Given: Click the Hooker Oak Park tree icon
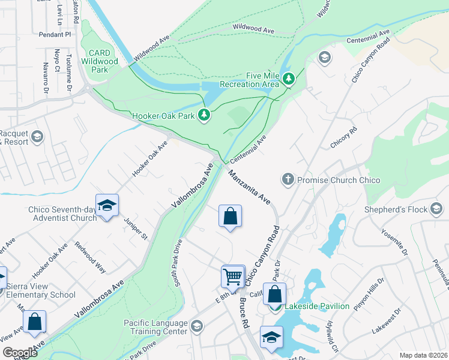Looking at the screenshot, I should click(x=205, y=114).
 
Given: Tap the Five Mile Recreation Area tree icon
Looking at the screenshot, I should click(x=289, y=79).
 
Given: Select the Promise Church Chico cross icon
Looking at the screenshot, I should click(x=288, y=179).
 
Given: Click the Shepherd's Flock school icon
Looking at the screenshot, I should click(x=436, y=209).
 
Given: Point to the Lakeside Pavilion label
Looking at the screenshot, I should click(x=316, y=306).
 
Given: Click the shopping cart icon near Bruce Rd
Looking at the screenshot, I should click(x=233, y=277).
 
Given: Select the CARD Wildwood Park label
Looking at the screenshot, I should click(x=100, y=61).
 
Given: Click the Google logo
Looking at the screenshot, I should click(x=20, y=353).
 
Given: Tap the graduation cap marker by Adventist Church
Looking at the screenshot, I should click(x=107, y=206).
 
